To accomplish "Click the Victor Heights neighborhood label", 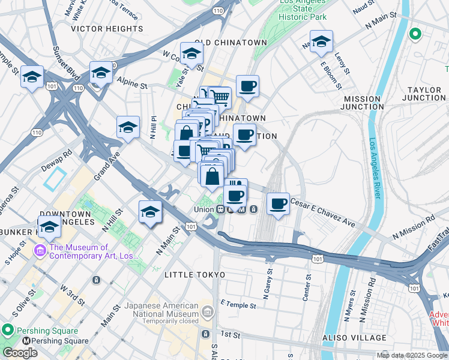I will pyautogui.click(x=107, y=28).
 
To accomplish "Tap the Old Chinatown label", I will pyautogui.click(x=231, y=43).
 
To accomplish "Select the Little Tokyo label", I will pyautogui.click(x=195, y=275).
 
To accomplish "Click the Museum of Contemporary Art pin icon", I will pyautogui.click(x=41, y=250).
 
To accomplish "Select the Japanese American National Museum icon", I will pyautogui.click(x=207, y=311).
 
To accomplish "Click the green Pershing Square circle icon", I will pyautogui.click(x=8, y=331).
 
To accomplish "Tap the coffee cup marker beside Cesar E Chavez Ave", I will pyautogui.click(x=278, y=204).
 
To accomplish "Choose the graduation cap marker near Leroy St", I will pyautogui.click(x=321, y=41).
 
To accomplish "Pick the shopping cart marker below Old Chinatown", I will pyautogui.click(x=220, y=96).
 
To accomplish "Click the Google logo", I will pyautogui.click(x=20, y=353).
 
